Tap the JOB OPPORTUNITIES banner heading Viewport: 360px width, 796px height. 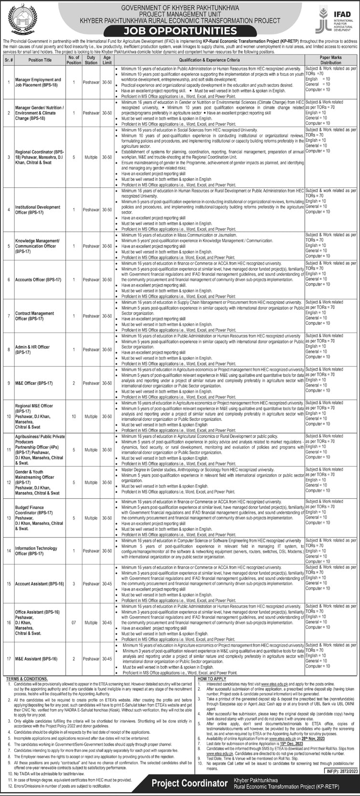(x=180, y=31)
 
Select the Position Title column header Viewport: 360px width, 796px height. (x=40, y=60)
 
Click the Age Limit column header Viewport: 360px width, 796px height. (x=107, y=60)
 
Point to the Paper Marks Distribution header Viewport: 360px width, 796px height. (x=331, y=60)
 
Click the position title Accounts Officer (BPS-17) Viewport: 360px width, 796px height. (x=38, y=280)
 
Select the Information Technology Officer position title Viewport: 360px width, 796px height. (x=36, y=551)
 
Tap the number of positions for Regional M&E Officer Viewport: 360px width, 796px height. (x=74, y=416)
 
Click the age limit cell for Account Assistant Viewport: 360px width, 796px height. (x=107, y=584)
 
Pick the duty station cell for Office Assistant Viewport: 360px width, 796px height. (x=91, y=622)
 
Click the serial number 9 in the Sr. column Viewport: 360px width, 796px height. (x=8, y=383)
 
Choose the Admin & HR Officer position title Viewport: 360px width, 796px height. (x=32, y=349)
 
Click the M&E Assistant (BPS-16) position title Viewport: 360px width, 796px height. (x=36, y=659)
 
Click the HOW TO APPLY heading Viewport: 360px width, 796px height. (x=212, y=679)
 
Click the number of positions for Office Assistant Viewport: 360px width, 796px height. (x=74, y=622)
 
